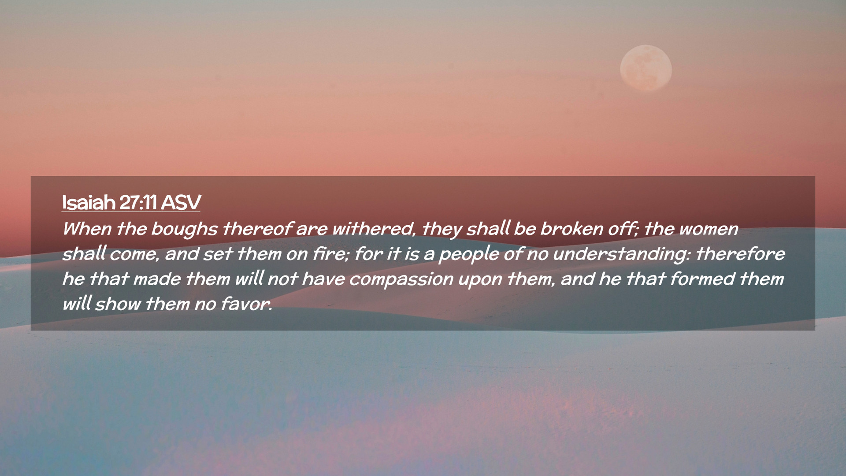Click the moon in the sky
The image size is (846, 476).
646,68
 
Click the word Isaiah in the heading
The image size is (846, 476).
89,202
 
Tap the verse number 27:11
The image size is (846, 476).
138,202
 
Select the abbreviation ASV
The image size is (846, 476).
181,202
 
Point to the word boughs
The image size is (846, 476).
184,229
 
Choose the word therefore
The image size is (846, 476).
740,253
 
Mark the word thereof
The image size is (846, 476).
257,228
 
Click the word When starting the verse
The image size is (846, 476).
87,229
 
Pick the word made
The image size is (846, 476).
157,279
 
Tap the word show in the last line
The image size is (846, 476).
118,304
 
